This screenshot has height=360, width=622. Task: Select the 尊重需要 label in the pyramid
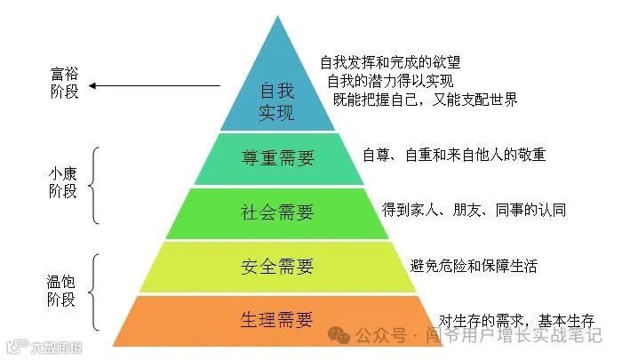[x=277, y=158]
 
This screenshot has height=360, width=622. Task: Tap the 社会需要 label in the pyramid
[x=277, y=212]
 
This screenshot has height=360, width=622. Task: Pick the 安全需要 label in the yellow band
[x=277, y=267]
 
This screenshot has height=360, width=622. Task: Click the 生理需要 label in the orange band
[x=277, y=319]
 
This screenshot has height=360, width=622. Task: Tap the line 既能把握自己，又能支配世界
[x=424, y=100]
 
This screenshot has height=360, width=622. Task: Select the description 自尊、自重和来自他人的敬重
[x=454, y=155]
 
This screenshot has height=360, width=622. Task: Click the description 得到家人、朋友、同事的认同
[x=474, y=211]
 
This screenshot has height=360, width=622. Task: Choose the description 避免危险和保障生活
[x=474, y=266]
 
